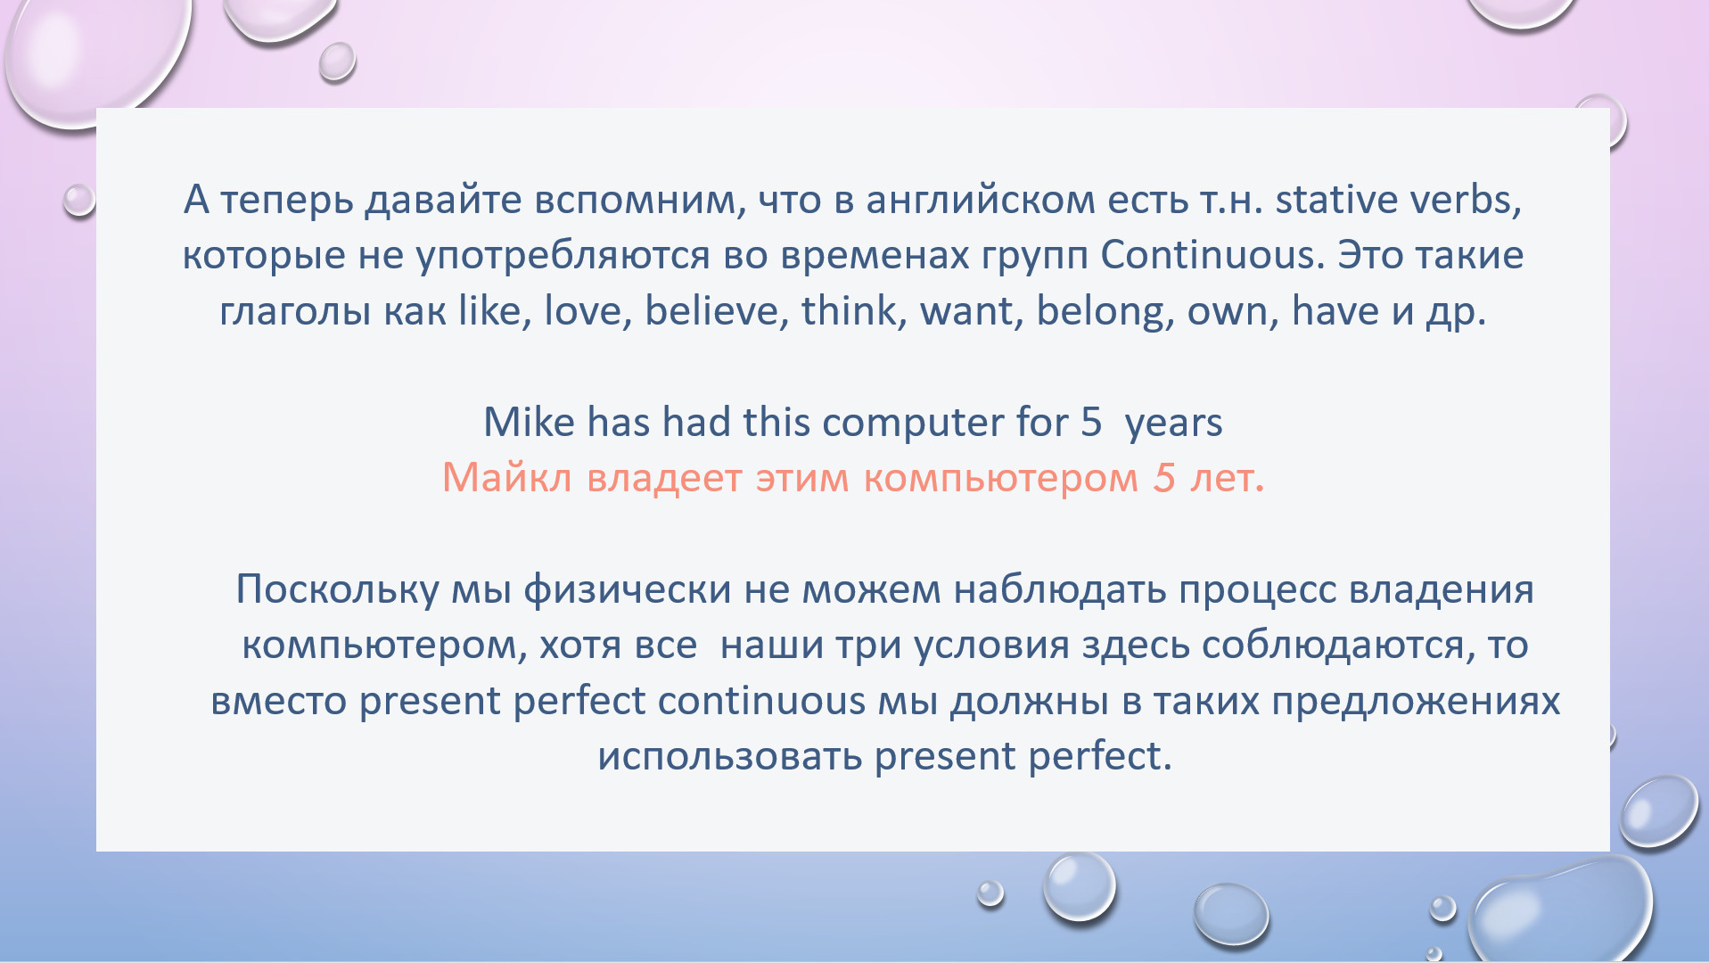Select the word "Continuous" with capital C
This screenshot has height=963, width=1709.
1207,255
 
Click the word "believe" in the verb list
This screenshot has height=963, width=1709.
712,311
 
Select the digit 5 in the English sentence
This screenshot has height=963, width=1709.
1091,423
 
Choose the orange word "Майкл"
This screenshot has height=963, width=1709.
506,478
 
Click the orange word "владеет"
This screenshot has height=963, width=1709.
664,479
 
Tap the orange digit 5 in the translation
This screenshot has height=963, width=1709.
1164,478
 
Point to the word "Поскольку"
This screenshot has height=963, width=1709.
337,590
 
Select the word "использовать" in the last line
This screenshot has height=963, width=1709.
730,757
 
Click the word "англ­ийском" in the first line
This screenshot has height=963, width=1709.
981,200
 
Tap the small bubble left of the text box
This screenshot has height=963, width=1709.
78,200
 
